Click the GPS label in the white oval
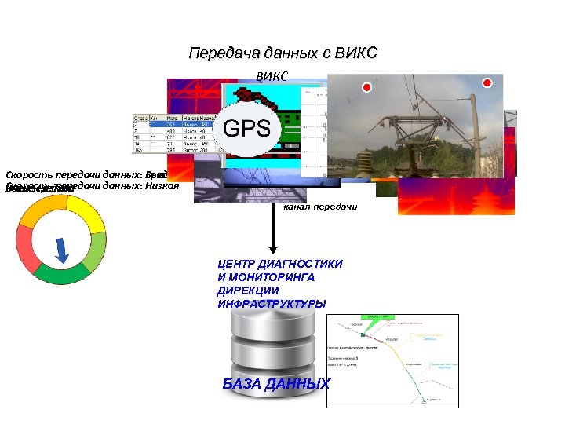[247, 128]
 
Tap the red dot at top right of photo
[487, 82]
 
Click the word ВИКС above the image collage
[273, 76]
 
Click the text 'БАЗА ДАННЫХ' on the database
[275, 384]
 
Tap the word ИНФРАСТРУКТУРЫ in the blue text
[272, 303]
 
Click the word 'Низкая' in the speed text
[162, 186]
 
